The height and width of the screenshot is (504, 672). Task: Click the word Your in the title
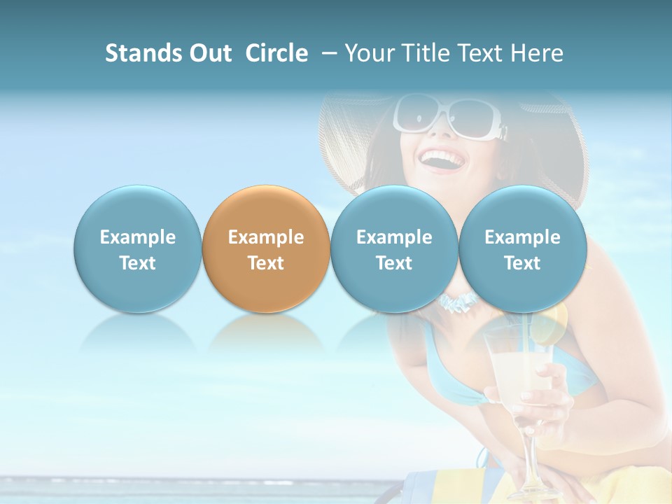368,53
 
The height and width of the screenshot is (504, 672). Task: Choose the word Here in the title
538,53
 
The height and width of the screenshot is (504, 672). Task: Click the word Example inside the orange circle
266,237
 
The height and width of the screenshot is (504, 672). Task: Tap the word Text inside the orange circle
266,263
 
